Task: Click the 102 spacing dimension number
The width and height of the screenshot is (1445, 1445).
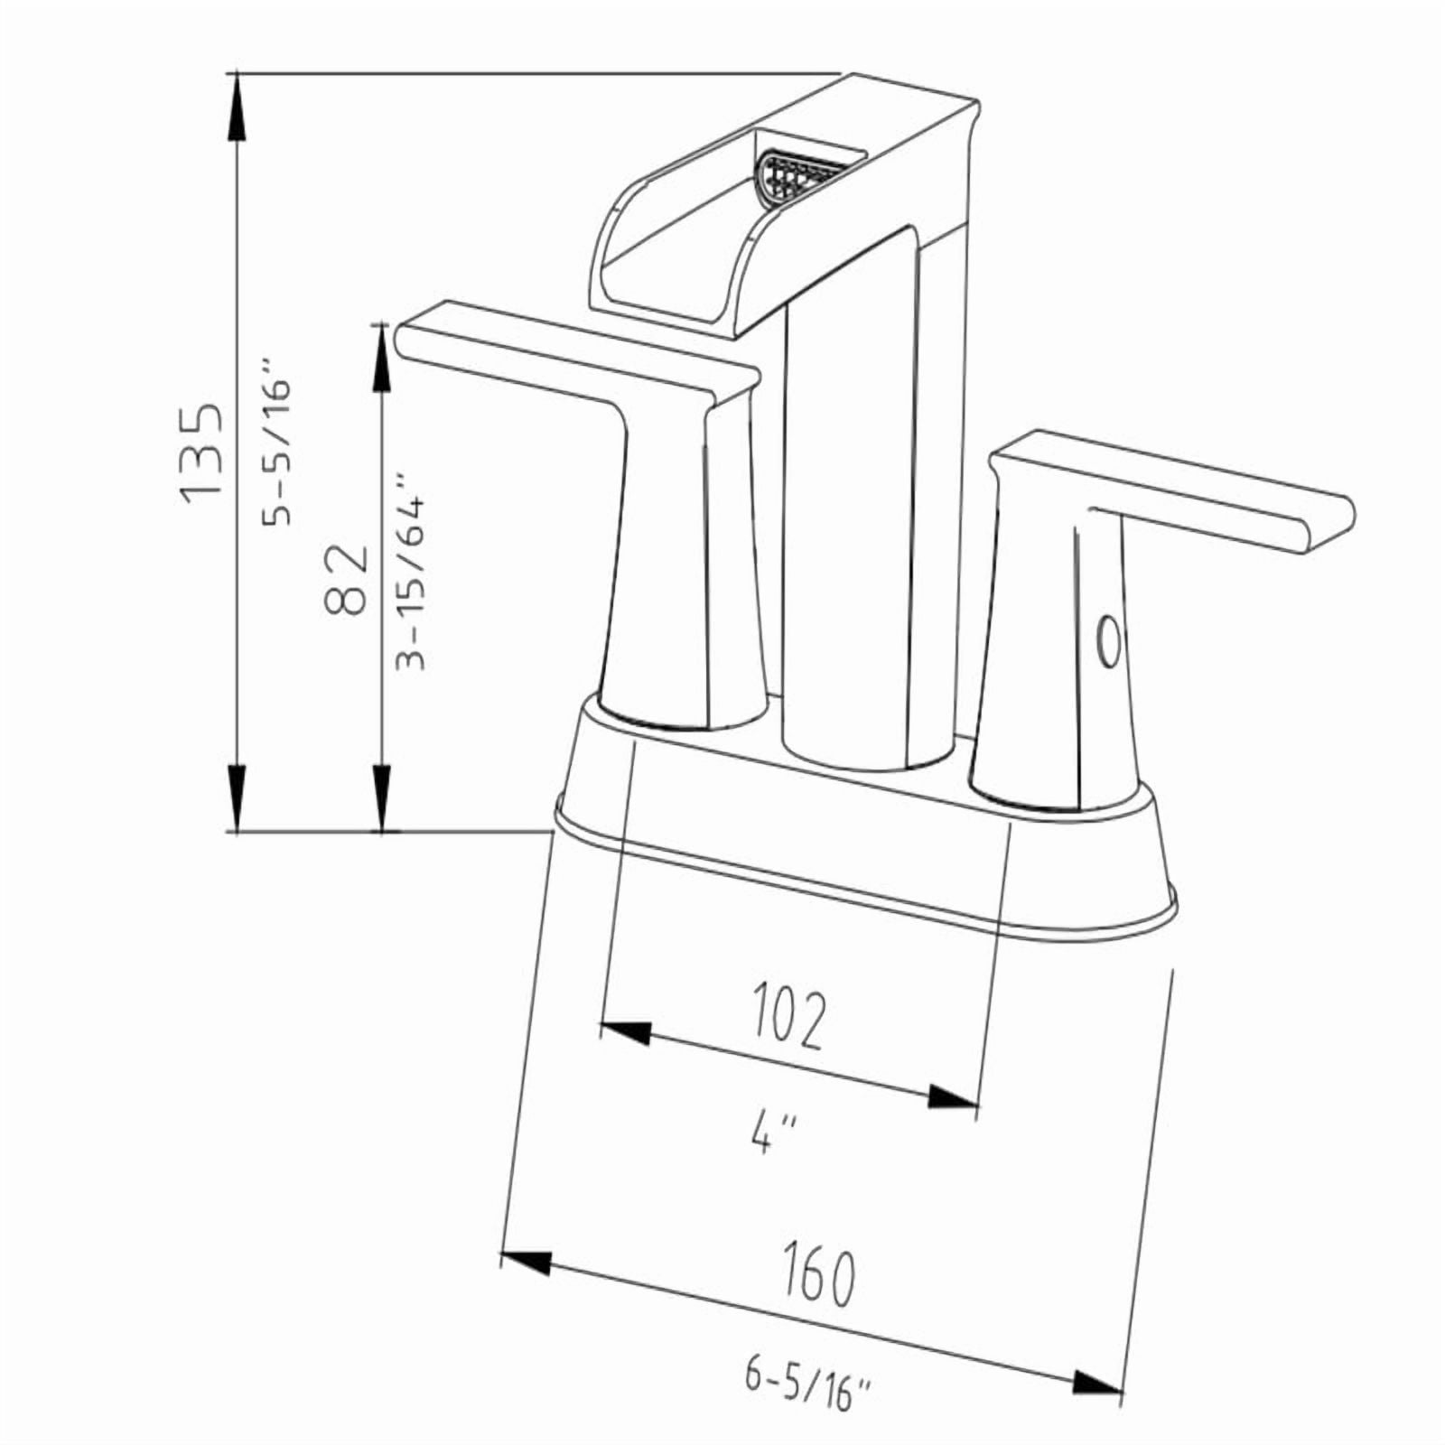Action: [x=788, y=1018]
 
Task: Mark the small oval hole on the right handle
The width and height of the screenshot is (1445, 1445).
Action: [x=1106, y=643]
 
